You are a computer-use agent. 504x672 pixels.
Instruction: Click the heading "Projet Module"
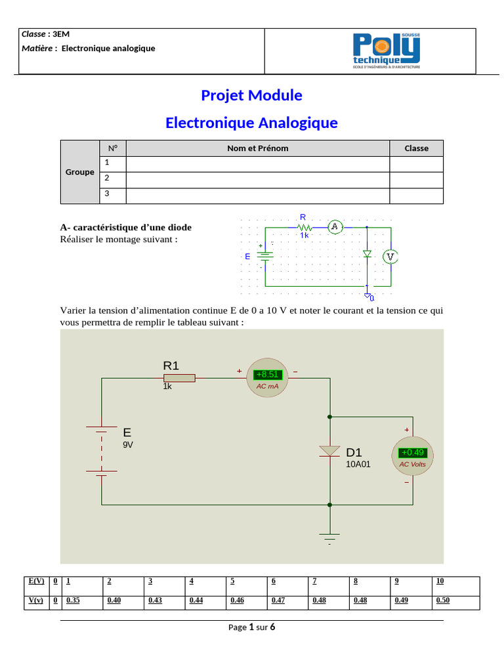click(x=251, y=95)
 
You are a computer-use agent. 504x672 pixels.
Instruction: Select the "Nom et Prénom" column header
click(x=257, y=148)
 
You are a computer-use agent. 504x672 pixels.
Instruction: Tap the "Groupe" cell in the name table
click(x=79, y=172)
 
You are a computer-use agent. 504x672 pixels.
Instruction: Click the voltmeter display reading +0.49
click(x=413, y=453)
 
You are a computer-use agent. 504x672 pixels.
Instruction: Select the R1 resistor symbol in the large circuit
click(x=178, y=377)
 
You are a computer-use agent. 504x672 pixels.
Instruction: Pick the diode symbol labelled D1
click(x=329, y=451)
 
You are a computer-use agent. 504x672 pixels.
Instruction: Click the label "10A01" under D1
click(x=358, y=464)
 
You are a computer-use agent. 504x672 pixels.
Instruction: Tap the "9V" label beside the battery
click(x=128, y=444)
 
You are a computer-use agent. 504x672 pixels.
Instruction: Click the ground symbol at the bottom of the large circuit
click(x=329, y=537)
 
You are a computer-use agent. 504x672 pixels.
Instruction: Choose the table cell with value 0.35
click(x=73, y=600)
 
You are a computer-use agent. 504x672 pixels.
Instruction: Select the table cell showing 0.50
click(x=443, y=600)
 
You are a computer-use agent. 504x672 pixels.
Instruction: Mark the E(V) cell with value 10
click(x=440, y=581)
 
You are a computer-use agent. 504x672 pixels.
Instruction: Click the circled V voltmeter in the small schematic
click(x=390, y=257)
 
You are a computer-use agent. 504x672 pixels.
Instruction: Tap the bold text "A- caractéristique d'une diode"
click(x=126, y=228)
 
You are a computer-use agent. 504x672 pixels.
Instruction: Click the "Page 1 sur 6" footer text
click(x=251, y=627)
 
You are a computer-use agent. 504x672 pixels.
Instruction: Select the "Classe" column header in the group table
click(x=416, y=148)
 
